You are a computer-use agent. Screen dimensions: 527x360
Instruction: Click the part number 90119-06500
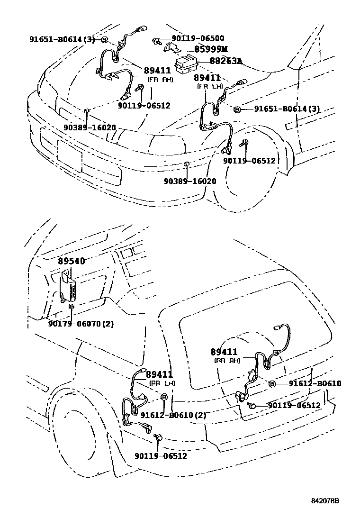click(198, 38)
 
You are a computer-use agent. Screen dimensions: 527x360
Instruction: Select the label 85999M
click(207, 49)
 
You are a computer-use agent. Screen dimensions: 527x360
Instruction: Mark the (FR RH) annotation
click(160, 80)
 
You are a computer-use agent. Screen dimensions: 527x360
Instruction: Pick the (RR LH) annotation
click(162, 383)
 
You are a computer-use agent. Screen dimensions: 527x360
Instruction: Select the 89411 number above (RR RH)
click(225, 352)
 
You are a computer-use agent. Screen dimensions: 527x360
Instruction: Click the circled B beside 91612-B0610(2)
click(164, 397)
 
